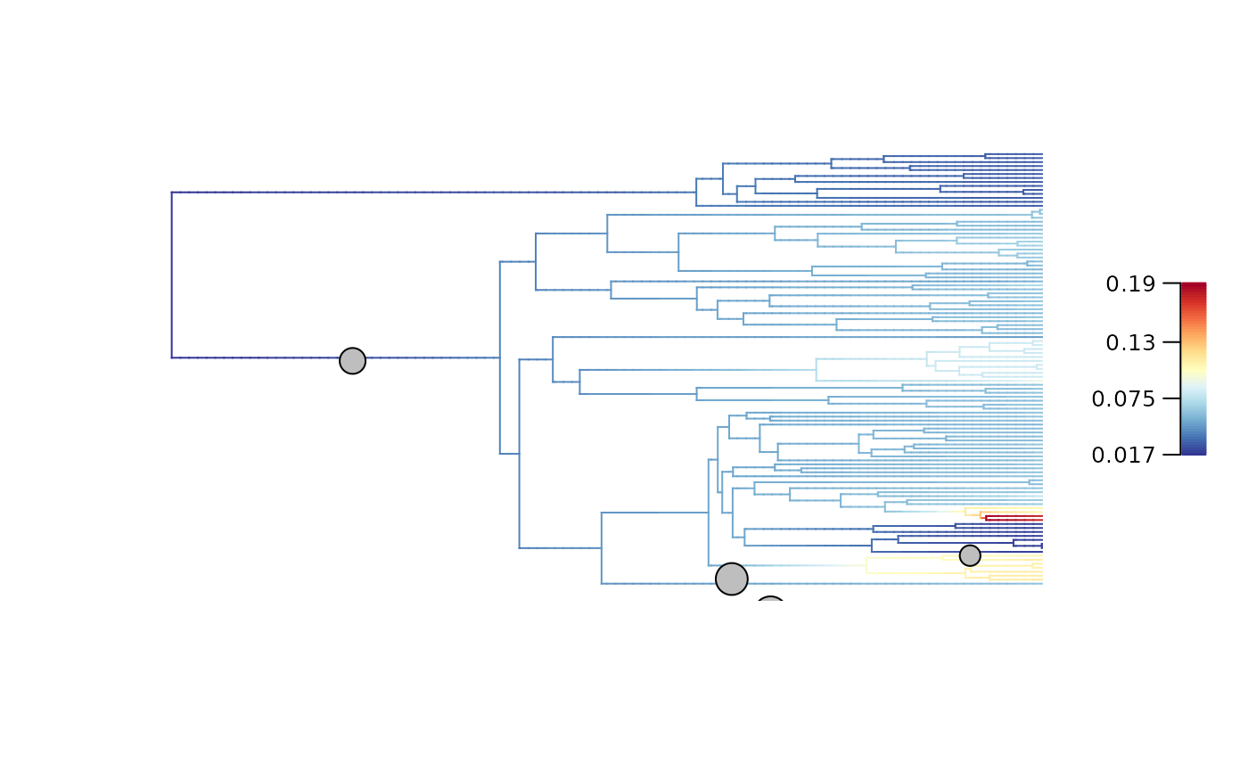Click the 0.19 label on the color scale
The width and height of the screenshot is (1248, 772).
click(1130, 284)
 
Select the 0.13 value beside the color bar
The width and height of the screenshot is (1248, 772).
click(1130, 342)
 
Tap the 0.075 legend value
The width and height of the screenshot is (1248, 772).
click(1123, 398)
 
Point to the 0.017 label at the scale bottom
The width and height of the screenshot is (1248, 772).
click(1123, 456)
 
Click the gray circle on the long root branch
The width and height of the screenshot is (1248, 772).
click(353, 361)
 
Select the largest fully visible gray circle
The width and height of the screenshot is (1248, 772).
click(731, 579)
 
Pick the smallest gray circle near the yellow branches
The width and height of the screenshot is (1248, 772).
click(970, 555)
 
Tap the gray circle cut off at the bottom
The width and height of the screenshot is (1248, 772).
click(770, 604)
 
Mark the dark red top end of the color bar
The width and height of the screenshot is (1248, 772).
click(1194, 286)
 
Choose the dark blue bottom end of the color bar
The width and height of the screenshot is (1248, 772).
click(1194, 452)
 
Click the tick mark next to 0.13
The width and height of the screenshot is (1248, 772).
click(1171, 342)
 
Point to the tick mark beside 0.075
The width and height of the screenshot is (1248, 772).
click(1171, 398)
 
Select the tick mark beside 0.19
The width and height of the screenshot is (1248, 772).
click(1171, 283)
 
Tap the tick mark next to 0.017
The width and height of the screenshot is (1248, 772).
click(1171, 455)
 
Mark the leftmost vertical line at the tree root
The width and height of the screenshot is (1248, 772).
click(171, 275)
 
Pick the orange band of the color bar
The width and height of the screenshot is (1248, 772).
click(1194, 326)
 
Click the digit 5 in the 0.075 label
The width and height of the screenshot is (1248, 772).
click(1149, 398)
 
